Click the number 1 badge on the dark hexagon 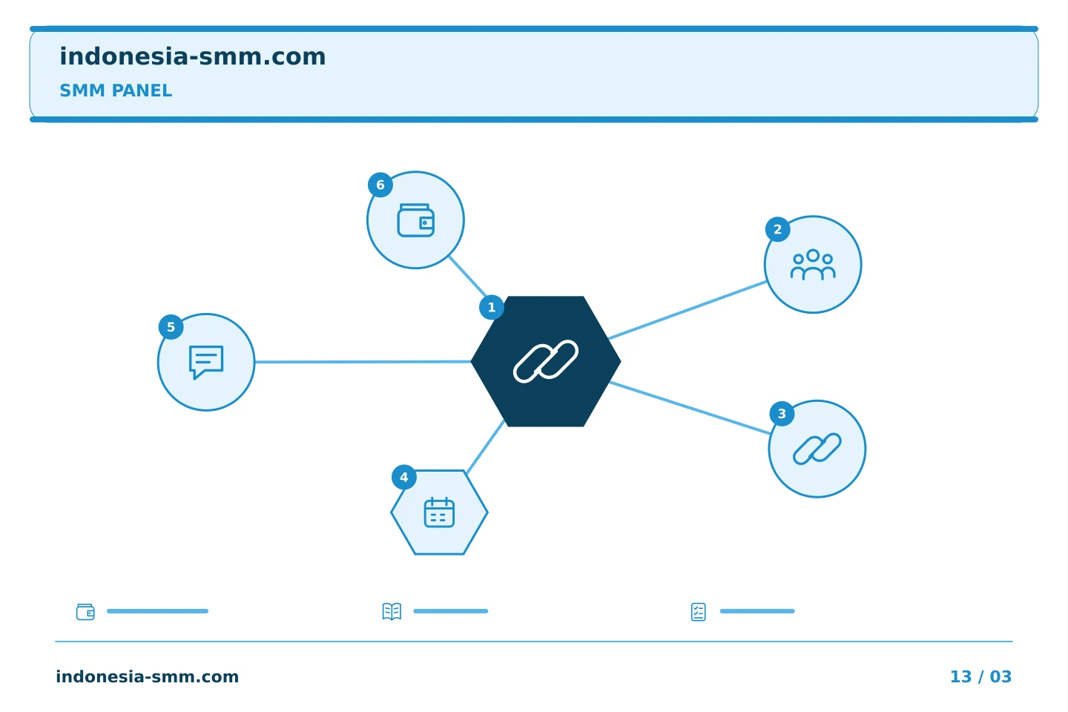492,308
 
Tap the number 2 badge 777,229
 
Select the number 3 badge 782,413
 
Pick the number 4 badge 403,478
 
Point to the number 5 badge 171,327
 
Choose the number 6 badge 380,185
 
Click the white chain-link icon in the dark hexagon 546,361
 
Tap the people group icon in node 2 813,265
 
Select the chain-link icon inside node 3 817,449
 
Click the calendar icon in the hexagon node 439,512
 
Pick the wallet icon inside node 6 416,220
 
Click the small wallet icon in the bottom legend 85,612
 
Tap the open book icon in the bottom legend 392,612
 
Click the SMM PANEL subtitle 116,90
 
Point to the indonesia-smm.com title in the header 193,57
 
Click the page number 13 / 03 980,676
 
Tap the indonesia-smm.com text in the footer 148,676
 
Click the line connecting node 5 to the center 363,362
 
